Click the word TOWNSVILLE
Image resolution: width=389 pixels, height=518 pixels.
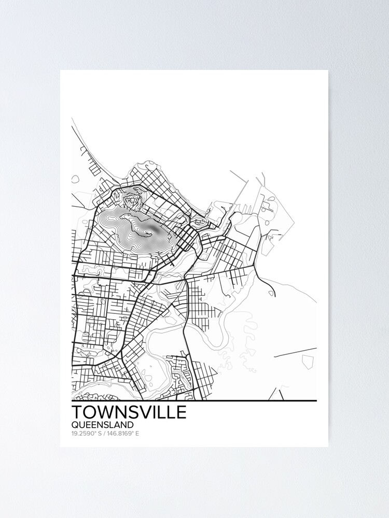click(129, 413)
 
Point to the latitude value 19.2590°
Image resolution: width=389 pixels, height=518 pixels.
click(85, 434)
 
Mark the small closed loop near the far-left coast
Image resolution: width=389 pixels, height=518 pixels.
click(75, 179)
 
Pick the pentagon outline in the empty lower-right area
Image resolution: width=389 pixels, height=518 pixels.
click(309, 361)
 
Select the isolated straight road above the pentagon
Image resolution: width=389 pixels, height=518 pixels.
click(295, 352)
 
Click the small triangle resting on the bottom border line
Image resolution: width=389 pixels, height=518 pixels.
click(276, 395)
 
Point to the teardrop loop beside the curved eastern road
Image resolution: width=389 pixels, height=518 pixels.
click(271, 293)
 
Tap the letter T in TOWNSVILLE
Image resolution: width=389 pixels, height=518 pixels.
click(77, 413)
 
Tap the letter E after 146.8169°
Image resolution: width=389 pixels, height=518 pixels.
click(137, 434)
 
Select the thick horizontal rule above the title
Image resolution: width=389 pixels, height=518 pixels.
click(194, 401)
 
